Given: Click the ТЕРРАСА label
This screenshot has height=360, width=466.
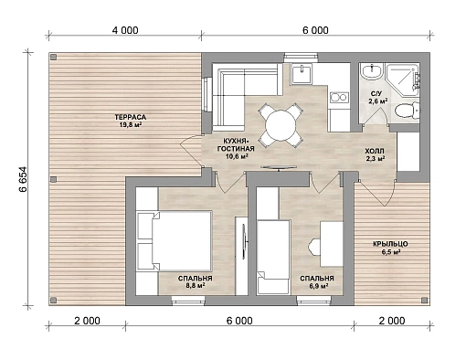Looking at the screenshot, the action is (x=131, y=117).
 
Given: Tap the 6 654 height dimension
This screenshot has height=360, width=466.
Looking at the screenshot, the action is (x=23, y=179).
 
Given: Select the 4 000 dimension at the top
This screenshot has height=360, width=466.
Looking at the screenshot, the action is (x=125, y=30).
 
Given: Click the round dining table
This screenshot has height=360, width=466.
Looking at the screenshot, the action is (x=281, y=125).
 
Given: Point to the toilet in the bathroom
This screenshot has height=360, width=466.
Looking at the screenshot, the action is (x=407, y=110).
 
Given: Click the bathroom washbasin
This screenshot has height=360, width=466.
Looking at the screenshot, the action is (x=371, y=72).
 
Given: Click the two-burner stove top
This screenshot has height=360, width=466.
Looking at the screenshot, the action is (x=339, y=97).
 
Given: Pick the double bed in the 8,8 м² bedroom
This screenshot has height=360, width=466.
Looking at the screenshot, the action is (x=175, y=240).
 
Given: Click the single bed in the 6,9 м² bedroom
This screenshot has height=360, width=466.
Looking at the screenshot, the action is (x=273, y=257).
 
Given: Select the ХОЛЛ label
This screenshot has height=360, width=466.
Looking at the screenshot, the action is (x=375, y=151).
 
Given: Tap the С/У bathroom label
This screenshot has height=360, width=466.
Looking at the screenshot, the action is (x=375, y=93).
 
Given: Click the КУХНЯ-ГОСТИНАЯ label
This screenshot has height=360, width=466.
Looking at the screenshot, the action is (x=235, y=145).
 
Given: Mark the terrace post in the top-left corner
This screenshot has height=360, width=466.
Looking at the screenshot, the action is (x=54, y=57).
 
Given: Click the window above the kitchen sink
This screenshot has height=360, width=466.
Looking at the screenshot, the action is (x=301, y=58).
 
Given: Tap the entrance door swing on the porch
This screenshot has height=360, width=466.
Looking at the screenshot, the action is (x=377, y=193).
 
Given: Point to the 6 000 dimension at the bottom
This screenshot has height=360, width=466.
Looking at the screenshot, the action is (x=239, y=321).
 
